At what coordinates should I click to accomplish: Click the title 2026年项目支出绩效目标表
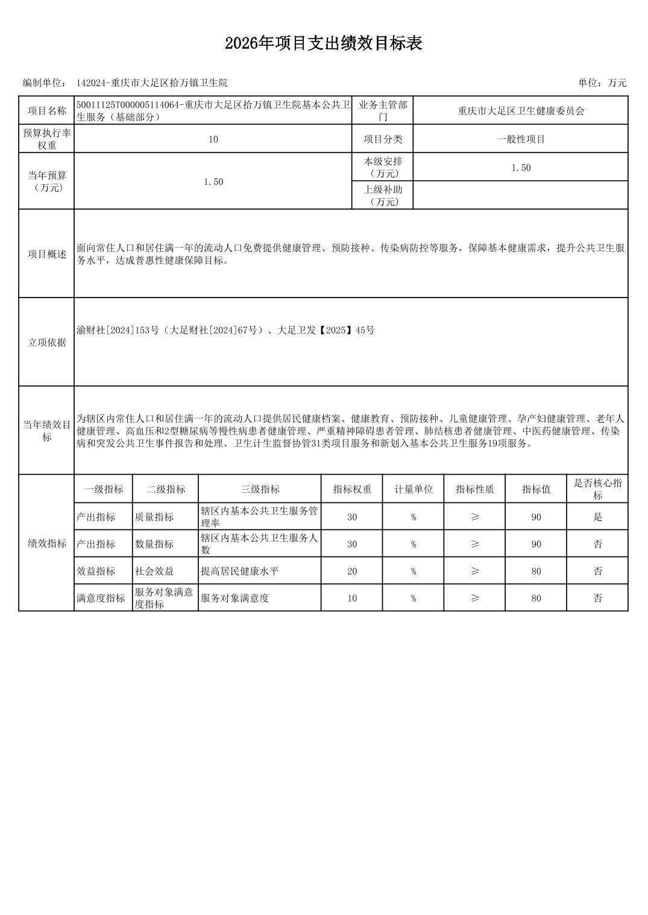[324, 43]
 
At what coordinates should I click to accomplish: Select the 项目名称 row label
[46, 111]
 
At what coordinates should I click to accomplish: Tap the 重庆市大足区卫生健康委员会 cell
[521, 111]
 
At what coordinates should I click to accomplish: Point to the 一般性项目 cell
[521, 139]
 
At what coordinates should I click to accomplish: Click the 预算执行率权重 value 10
[213, 139]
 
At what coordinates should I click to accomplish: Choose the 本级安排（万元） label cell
[383, 167]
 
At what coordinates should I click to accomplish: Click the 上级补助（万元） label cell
[383, 195]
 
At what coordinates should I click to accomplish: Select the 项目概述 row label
[46, 254]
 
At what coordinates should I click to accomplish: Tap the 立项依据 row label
[46, 343]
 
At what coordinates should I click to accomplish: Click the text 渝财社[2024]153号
[118, 330]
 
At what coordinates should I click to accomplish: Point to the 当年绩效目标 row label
[46, 431]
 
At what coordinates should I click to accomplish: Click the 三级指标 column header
[260, 489]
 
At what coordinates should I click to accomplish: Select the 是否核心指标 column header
[597, 489]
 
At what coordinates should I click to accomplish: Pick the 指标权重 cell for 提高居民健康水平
[352, 571]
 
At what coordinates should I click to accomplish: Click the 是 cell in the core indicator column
[597, 517]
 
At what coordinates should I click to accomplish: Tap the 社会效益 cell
[154, 571]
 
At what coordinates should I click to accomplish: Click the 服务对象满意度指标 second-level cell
[164, 598]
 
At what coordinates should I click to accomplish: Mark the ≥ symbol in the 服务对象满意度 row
[474, 598]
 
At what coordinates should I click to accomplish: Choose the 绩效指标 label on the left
[46, 543]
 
